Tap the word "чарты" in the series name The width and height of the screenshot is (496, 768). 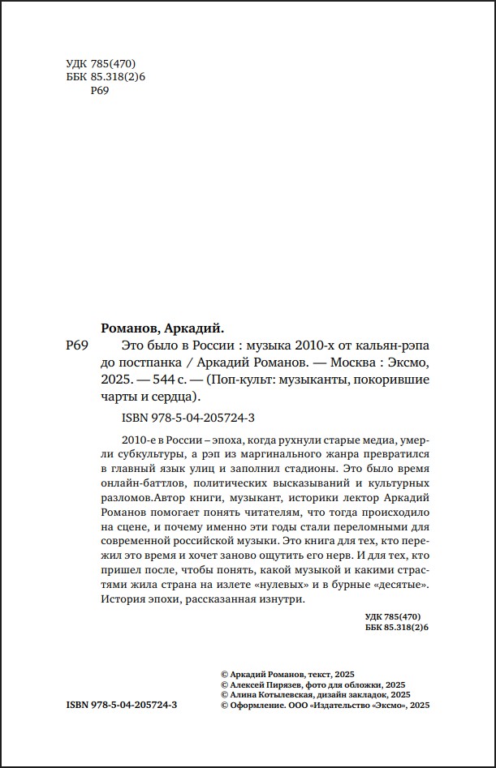tap(121, 397)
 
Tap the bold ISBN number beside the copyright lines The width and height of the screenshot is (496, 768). tap(122, 706)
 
